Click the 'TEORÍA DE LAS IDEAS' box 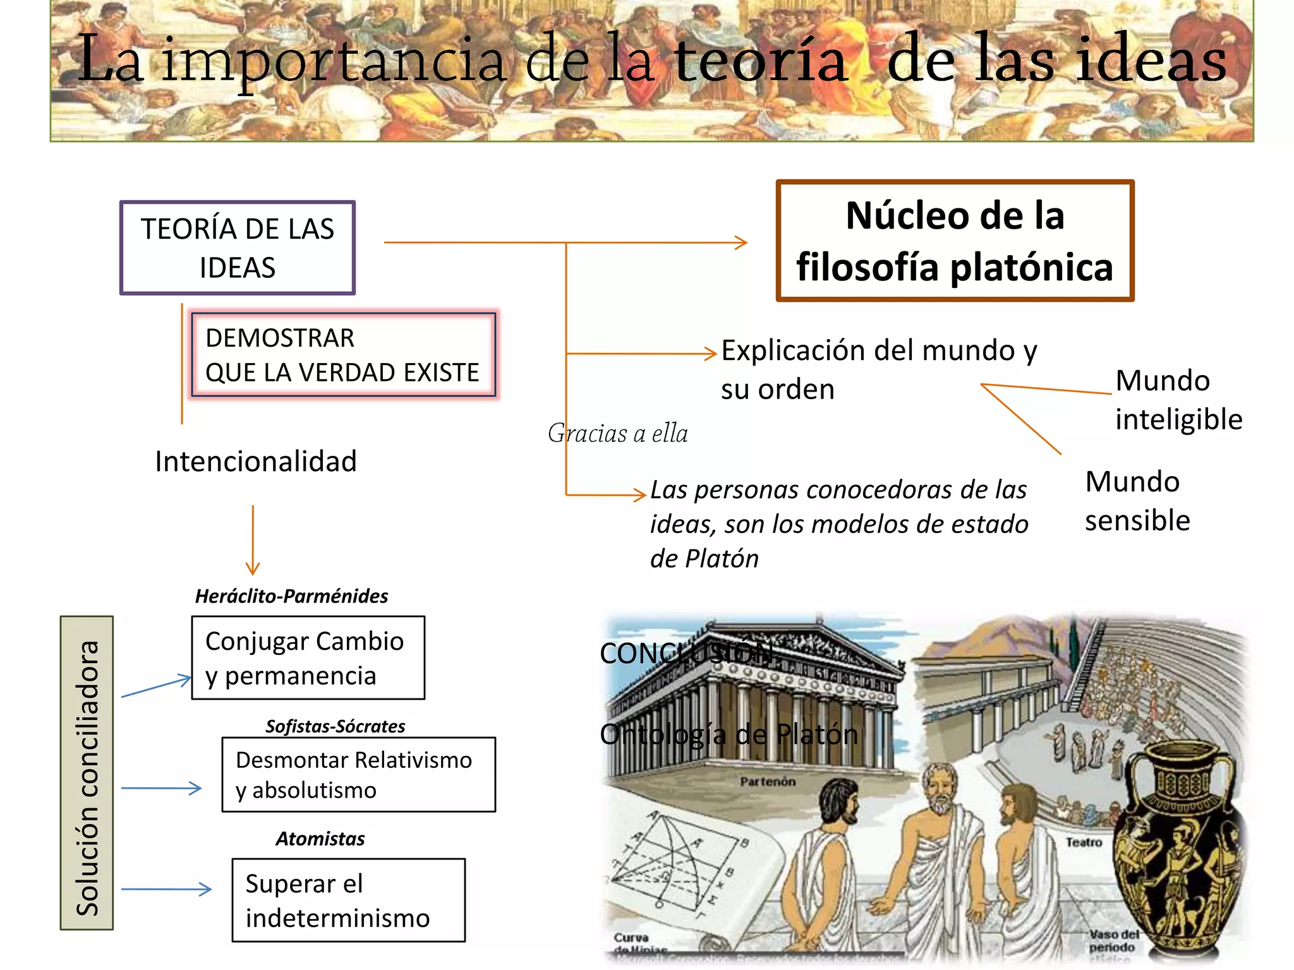pyautogui.click(x=238, y=248)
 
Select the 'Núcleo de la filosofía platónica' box pyautogui.click(x=955, y=241)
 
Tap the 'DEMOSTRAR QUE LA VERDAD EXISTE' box pyautogui.click(x=344, y=355)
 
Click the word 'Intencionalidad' pyautogui.click(x=256, y=462)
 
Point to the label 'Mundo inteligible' pyautogui.click(x=1178, y=400)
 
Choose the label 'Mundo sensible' pyautogui.click(x=1137, y=501)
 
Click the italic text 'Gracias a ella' pyautogui.click(x=617, y=433)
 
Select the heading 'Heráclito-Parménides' pyautogui.click(x=291, y=596)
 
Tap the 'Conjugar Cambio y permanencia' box pyautogui.click(x=308, y=658)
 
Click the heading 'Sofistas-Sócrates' pyautogui.click(x=335, y=726)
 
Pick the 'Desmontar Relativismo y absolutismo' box pyautogui.click(x=358, y=775)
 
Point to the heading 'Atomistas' pyautogui.click(x=320, y=839)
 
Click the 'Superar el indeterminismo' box pyautogui.click(x=348, y=901)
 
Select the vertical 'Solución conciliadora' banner pyautogui.click(x=87, y=773)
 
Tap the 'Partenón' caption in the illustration pyautogui.click(x=768, y=782)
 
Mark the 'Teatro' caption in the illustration pyautogui.click(x=1084, y=842)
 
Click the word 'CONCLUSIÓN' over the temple pyautogui.click(x=686, y=654)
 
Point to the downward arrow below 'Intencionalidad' pyautogui.click(x=253, y=541)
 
